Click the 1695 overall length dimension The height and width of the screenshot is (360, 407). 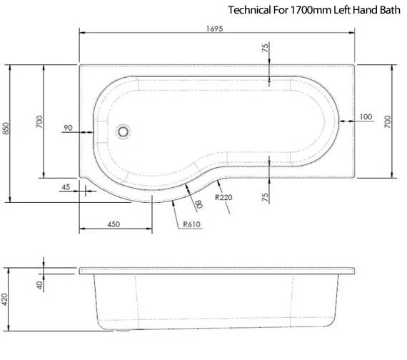tap(214, 29)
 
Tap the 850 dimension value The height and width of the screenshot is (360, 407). tap(6, 129)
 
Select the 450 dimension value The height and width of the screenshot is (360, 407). tap(114, 224)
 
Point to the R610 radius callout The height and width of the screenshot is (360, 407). tap(192, 224)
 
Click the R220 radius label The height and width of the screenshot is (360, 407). tap(223, 197)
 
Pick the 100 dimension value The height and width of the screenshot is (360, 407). tap(366, 117)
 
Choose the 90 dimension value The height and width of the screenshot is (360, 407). tap(68, 128)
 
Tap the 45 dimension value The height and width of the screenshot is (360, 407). tap(66, 186)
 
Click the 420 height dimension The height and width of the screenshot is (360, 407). tap(5, 299)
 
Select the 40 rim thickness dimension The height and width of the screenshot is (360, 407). tap(39, 285)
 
